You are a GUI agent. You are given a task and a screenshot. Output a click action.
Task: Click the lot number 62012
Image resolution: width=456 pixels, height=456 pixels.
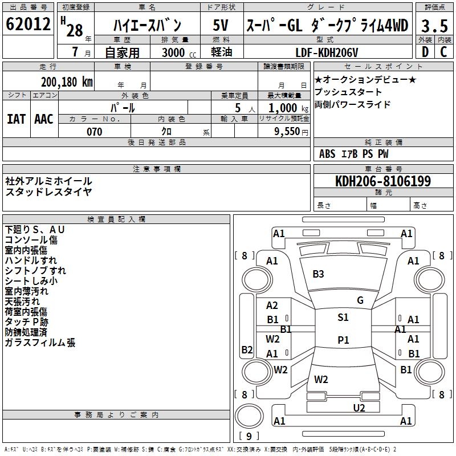tap(28, 25)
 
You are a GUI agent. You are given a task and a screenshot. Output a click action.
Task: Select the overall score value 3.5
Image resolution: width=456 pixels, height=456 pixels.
tap(434, 26)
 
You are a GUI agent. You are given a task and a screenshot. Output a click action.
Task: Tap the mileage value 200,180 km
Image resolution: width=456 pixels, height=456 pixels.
tap(67, 82)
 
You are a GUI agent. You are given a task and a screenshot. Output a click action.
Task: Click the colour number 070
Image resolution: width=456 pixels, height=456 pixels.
tap(95, 132)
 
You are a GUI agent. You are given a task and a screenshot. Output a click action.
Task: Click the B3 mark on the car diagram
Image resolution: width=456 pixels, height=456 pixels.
tap(318, 274)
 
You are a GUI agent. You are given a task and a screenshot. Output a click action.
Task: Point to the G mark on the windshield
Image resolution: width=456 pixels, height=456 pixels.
tap(360, 300)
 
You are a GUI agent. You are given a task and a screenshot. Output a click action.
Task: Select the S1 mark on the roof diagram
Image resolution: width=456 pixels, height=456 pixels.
tap(343, 317)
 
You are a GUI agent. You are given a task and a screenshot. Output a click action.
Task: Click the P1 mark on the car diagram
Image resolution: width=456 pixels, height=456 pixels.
tap(343, 340)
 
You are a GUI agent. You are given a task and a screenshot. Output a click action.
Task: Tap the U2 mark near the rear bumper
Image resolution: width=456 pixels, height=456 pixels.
tap(359, 408)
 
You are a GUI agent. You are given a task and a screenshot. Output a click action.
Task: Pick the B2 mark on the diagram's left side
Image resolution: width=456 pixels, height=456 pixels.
tap(247, 349)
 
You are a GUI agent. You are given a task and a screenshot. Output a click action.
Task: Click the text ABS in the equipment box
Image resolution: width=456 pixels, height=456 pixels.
tap(327, 154)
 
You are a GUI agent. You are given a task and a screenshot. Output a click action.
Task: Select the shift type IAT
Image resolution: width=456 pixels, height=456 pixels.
tap(17, 119)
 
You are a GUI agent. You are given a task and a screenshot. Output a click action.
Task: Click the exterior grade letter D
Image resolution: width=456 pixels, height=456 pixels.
tap(425, 52)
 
